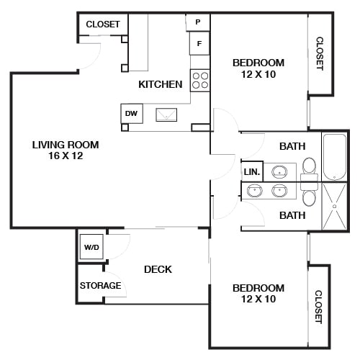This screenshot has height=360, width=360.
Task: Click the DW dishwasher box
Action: pos(131,113)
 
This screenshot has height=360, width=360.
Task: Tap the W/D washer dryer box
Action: pos(91,248)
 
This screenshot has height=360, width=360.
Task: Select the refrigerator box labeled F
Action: pos(199,44)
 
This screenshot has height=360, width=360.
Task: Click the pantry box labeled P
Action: pos(198,23)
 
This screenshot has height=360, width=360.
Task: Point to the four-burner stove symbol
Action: pos(200,80)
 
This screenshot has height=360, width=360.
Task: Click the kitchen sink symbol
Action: pos(166,114)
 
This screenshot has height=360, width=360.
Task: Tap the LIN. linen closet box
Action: pos(252,172)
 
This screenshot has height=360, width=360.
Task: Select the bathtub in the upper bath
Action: pos(333,156)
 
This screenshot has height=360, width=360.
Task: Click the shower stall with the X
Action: pos(334,206)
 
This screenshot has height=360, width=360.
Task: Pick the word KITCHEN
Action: pos(161,84)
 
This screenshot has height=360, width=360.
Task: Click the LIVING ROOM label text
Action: pos(65,145)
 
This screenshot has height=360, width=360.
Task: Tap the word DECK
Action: pos(158,269)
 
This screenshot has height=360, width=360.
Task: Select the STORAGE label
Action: pos(100,285)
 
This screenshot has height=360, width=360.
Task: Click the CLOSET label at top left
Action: pos(102,24)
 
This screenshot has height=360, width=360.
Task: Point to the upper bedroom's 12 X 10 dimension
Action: pos(258,73)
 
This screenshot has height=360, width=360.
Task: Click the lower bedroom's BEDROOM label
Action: pos(258,288)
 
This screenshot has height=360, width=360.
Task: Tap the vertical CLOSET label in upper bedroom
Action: pos(320,54)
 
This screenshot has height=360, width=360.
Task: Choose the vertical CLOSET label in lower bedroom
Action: pos(318,306)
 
